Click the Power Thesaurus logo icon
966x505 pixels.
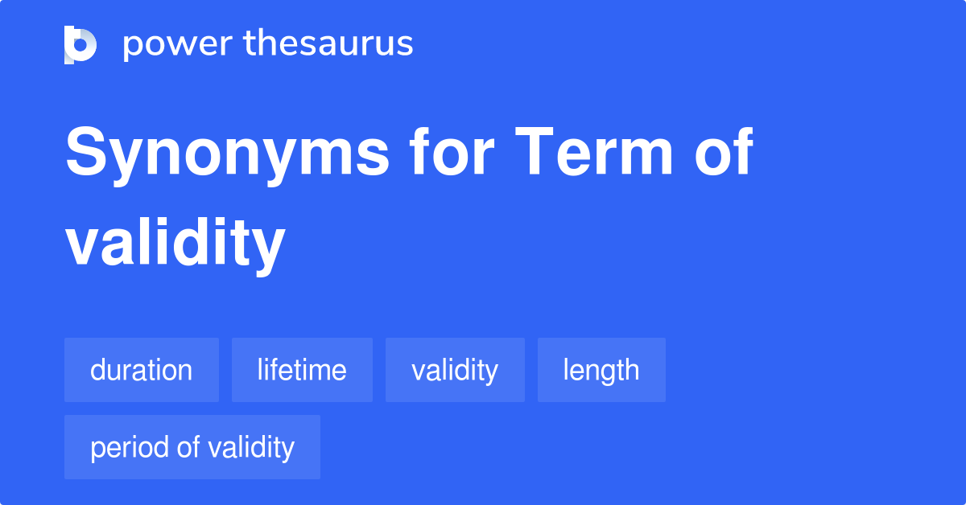[x=80, y=45]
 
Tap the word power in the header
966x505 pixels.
[x=178, y=45]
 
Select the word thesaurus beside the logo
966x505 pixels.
[x=328, y=43]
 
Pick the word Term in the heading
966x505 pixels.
[x=593, y=151]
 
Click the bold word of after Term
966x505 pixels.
[x=724, y=151]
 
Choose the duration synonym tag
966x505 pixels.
[x=142, y=370]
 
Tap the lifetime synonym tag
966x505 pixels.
[x=302, y=370]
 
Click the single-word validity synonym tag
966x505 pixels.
[x=455, y=370]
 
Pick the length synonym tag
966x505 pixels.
[x=601, y=370]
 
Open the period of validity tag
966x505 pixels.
[x=192, y=447]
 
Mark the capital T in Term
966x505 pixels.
[x=535, y=152]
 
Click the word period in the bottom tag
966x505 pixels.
[x=130, y=449]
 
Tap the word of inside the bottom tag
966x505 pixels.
[x=188, y=447]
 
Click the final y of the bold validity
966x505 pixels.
[x=270, y=252]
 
